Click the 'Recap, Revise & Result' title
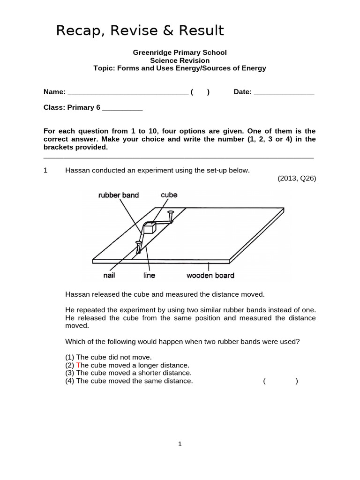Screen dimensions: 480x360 click(x=140, y=31)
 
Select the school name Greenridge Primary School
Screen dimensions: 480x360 click(x=180, y=53)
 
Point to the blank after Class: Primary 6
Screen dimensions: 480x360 click(x=122, y=108)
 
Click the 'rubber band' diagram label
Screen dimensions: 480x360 click(x=118, y=195)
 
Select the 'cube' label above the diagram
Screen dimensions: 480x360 click(x=169, y=195)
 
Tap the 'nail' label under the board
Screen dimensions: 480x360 click(x=109, y=276)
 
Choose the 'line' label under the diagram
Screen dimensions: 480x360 click(x=149, y=276)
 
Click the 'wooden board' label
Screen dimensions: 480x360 click(x=210, y=276)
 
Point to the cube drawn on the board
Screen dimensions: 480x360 click(x=150, y=227)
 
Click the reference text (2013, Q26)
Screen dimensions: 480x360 click(x=297, y=178)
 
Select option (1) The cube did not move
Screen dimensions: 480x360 click(x=108, y=357)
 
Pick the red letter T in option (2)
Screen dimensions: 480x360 click(x=78, y=365)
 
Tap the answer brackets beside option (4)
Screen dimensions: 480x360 click(x=280, y=381)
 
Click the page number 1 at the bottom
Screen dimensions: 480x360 click(x=180, y=445)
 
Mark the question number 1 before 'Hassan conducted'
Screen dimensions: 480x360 click(x=45, y=170)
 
